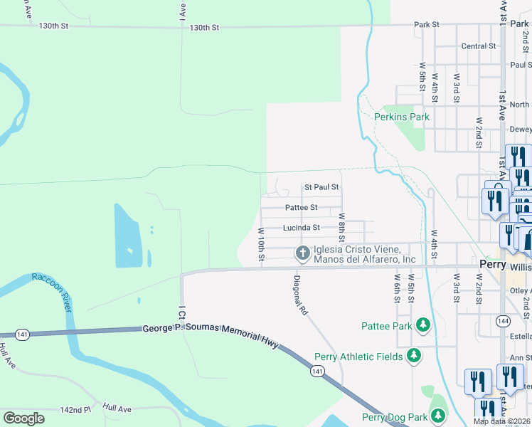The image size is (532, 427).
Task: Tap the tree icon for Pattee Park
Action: (423, 325)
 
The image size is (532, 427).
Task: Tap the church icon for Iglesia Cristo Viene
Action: (302, 252)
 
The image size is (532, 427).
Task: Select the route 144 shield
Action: (501, 300)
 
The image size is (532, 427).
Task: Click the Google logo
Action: (23, 418)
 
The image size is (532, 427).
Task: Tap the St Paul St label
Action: (321, 187)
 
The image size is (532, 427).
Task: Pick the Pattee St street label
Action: (302, 208)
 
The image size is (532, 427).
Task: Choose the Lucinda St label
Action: (302, 228)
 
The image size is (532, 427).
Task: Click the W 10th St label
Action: (261, 244)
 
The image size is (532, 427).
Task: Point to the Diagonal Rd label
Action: (301, 295)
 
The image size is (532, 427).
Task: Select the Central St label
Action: (478, 46)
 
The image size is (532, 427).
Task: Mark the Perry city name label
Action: (492, 263)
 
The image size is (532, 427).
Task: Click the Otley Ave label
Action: (520, 290)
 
